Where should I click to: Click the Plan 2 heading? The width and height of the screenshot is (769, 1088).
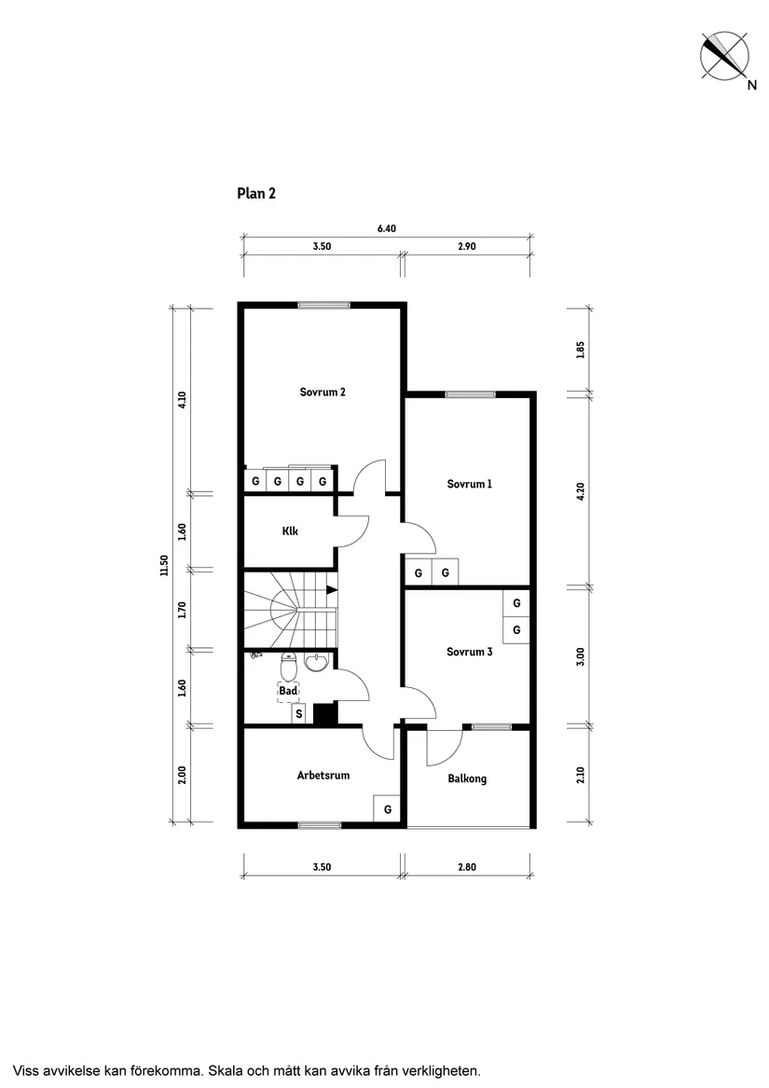coord(256,194)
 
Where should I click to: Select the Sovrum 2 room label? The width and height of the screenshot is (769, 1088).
coord(323,392)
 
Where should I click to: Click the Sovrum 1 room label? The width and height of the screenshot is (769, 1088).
coord(469,484)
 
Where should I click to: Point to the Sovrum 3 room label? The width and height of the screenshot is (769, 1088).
coord(469,652)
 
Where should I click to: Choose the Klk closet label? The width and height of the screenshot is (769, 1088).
coord(290,531)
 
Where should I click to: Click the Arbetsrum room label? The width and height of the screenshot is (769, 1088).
coord(323,775)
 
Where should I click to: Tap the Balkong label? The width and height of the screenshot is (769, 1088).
coord(467,778)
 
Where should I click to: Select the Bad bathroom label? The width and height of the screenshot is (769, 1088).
coord(288,691)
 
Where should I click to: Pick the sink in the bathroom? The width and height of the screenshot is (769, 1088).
coord(317,663)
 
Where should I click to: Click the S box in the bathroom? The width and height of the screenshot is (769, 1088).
coord(299,714)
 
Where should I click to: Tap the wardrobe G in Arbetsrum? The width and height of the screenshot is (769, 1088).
coord(387,809)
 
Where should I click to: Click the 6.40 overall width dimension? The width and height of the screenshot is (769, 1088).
coord(387,227)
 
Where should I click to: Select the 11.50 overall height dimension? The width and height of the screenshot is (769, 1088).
coord(164,566)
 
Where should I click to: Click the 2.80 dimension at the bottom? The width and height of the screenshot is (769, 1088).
coord(467,867)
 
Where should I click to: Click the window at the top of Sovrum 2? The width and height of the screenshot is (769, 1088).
coord(323,305)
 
